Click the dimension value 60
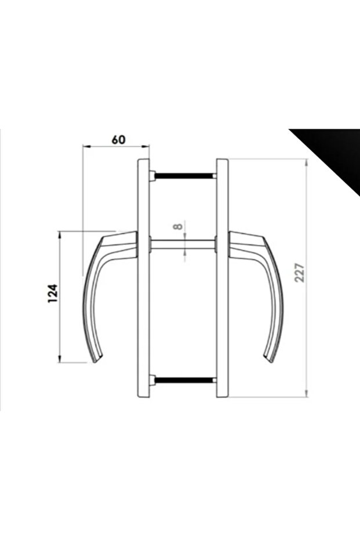[x=119, y=140]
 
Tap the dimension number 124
[x=52, y=293]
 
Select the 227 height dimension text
[x=300, y=273]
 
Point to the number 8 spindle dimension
[x=177, y=226]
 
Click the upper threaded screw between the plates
[x=184, y=176]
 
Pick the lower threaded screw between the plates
[x=184, y=380]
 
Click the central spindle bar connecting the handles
[x=183, y=244]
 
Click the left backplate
[x=144, y=278]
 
